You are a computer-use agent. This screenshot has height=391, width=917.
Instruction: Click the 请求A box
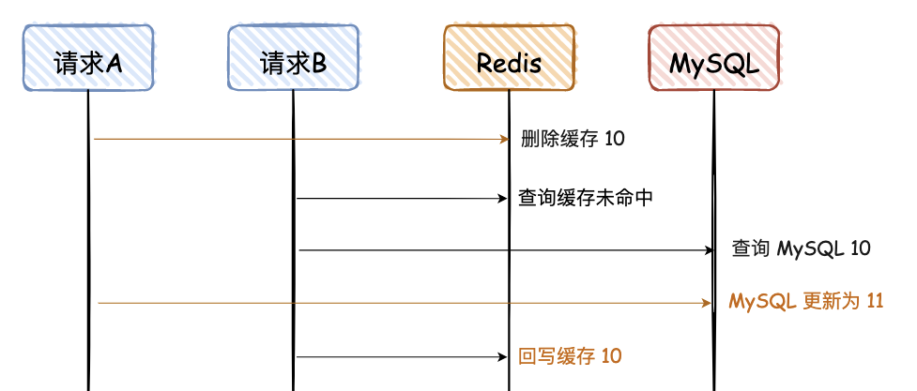coord(87,58)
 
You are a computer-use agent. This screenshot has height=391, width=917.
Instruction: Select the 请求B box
coord(293,58)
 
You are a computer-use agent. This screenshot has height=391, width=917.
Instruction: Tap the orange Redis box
coord(509,58)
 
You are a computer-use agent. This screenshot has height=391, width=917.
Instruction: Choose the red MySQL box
coord(713,58)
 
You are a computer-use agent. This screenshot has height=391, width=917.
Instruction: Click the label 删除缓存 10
coord(573,139)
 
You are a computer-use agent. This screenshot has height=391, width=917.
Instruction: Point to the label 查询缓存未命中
coord(586,199)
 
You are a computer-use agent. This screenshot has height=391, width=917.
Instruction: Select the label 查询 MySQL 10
coord(801,249)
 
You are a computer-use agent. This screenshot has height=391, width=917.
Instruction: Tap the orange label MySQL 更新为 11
coord(806,302)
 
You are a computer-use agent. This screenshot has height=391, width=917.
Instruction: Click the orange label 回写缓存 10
coord(570,356)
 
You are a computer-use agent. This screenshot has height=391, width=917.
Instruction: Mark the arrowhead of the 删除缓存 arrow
coord(503,139)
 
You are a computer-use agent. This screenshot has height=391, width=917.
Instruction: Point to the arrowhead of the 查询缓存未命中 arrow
coord(503,199)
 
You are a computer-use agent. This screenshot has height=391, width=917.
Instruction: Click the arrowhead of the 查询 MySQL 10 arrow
coord(710,250)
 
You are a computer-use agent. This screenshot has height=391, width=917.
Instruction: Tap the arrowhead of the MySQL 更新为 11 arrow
coord(710,303)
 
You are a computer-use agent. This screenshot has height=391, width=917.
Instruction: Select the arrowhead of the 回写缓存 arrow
coord(503,356)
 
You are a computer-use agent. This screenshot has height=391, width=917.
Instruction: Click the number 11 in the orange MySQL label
coord(875,302)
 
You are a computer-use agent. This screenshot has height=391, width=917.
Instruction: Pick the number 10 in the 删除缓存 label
coord(615,139)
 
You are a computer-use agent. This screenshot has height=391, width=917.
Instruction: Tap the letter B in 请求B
coord(319,64)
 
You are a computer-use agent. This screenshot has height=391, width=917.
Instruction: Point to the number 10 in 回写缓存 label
coord(611,356)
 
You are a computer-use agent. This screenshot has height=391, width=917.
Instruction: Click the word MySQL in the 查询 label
coord(809,249)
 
